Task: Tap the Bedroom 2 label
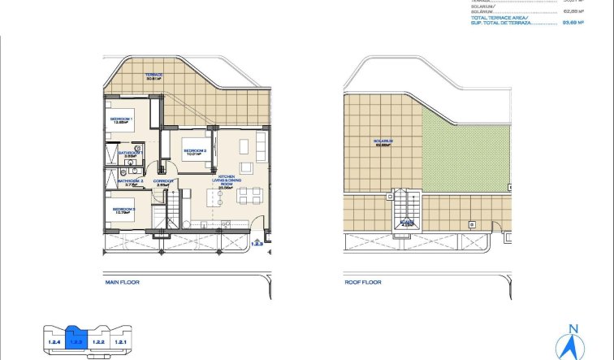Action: tap(195, 151)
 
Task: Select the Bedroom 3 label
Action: tap(123, 210)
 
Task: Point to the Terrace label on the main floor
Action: tap(154, 76)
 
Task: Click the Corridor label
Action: tap(161, 183)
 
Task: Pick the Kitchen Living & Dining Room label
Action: tap(227, 184)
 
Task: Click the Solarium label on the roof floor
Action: tap(383, 141)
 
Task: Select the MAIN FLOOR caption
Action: tap(123, 283)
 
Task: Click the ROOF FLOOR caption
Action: tap(363, 283)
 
